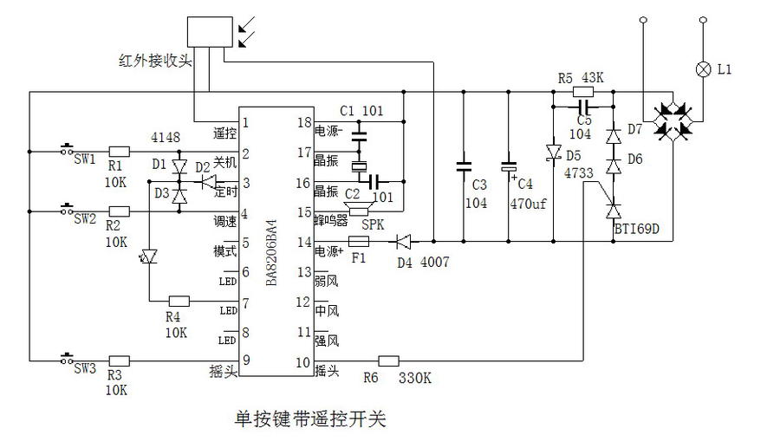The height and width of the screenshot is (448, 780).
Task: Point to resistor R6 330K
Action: (x=389, y=360)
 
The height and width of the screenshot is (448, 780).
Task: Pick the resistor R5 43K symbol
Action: (x=584, y=91)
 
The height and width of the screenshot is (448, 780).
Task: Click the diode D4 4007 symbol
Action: (x=404, y=241)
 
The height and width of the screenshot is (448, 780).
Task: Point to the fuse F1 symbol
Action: (x=359, y=241)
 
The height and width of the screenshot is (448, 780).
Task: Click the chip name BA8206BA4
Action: (x=270, y=253)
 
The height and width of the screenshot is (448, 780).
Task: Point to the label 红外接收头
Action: (x=155, y=61)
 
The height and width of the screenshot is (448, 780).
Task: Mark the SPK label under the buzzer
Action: (x=372, y=224)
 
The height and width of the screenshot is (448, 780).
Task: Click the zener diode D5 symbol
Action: (x=552, y=153)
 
